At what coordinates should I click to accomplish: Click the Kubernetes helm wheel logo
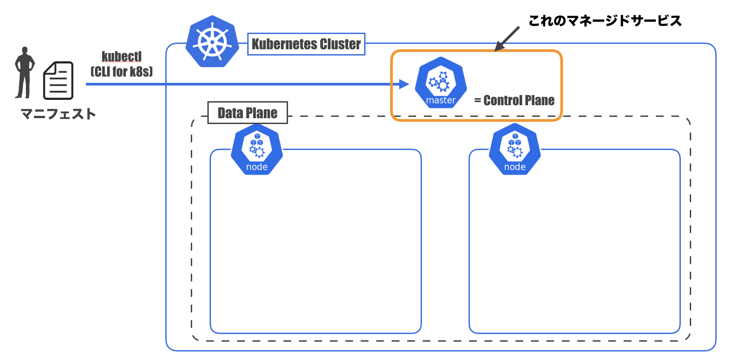(212, 42)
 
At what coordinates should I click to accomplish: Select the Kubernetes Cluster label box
(306, 44)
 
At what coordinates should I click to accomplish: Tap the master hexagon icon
(441, 82)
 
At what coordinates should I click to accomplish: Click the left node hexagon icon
(257, 149)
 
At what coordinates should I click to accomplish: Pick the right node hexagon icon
(515, 149)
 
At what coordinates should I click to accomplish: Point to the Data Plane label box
(248, 113)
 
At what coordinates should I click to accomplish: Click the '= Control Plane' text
(514, 100)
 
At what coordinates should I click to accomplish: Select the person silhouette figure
(24, 73)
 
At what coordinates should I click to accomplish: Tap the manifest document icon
(58, 81)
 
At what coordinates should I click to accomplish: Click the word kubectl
(121, 56)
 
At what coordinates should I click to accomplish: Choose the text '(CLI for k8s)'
(121, 72)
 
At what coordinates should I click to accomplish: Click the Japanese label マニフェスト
(58, 114)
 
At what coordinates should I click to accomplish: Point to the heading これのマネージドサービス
(605, 21)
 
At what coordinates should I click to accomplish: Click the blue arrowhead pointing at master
(404, 84)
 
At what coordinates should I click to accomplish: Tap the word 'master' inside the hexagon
(441, 100)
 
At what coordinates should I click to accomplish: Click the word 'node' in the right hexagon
(515, 167)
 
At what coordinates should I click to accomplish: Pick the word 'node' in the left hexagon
(257, 167)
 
